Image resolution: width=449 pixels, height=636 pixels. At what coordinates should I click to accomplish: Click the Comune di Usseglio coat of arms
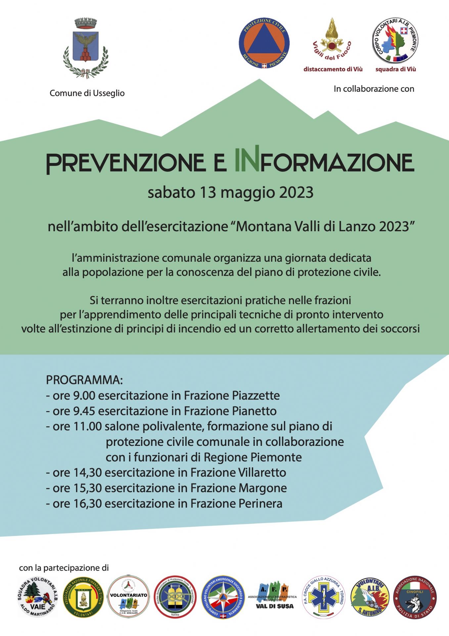pos(86,48)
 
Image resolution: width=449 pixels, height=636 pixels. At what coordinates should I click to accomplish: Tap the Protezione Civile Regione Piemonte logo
pos(264,43)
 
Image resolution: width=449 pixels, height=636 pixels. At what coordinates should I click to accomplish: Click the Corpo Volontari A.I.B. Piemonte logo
pos(395,40)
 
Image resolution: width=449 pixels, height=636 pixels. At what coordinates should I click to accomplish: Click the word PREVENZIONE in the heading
pos(126,163)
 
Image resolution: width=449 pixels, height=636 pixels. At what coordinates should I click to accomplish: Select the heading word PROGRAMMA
pos(84,380)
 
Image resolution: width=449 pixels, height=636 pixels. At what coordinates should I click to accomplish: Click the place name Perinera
pos(260,504)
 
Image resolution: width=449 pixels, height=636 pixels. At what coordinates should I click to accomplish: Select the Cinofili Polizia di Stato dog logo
pos(415,597)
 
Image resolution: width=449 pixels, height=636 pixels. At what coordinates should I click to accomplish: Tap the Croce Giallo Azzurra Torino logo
pos(324,597)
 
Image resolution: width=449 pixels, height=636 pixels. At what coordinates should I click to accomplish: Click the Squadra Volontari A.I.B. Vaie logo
pos(37,597)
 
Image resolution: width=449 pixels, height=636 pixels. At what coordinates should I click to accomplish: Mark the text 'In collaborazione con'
pos(374,89)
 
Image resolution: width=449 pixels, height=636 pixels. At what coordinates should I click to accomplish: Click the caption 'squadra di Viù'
pos(395,69)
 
